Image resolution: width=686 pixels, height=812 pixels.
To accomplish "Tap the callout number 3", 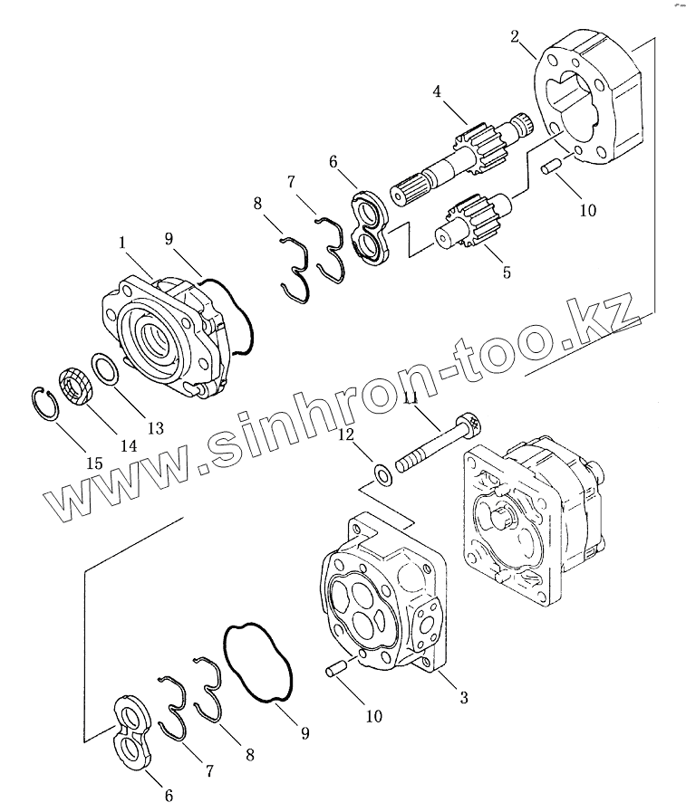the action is (x=463, y=697).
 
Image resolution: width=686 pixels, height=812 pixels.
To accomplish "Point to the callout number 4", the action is (x=437, y=91).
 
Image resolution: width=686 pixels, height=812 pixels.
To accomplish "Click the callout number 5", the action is (x=506, y=271).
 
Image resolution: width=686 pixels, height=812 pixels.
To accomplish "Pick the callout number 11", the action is (x=410, y=398).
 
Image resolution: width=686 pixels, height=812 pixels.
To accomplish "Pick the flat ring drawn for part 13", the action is (x=104, y=369).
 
